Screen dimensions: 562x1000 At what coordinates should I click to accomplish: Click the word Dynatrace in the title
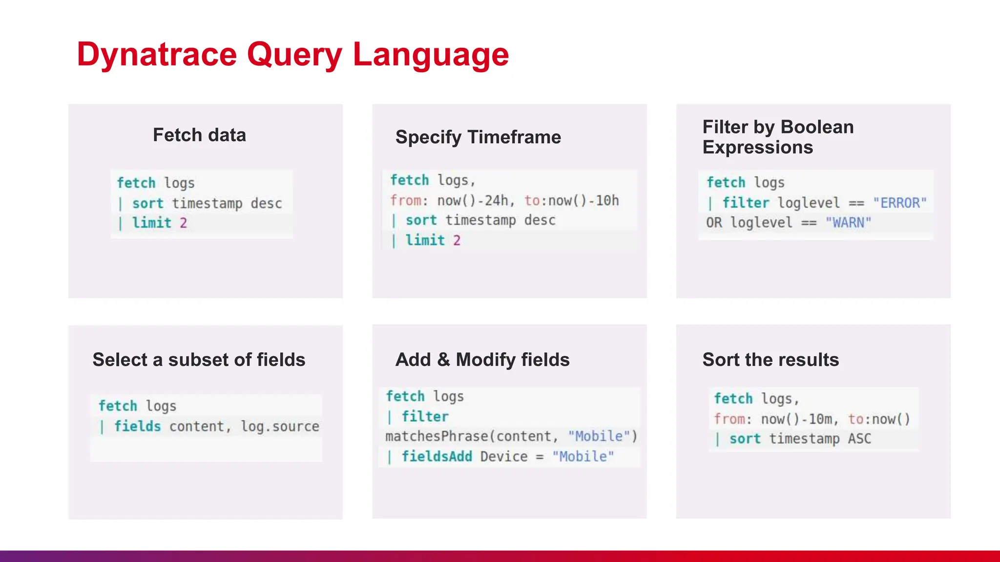coord(156,54)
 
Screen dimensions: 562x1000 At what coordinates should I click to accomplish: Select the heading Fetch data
coord(199,135)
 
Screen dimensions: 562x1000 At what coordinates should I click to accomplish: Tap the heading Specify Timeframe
coord(478,137)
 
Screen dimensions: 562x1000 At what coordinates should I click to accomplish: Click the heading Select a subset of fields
coord(199,360)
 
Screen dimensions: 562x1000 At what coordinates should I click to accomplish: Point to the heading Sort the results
coord(771,360)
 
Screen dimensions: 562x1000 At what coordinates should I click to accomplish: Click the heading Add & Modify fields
coord(482,360)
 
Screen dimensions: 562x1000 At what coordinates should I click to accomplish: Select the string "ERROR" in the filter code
coord(899,203)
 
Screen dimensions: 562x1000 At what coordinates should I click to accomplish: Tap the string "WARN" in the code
coord(848,223)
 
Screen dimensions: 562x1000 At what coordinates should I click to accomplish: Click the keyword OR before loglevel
coord(713,223)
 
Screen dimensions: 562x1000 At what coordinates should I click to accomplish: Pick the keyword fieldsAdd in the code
coord(437,457)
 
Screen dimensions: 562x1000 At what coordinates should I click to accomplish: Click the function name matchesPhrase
coord(437,436)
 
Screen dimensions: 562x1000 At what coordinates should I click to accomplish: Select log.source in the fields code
coord(280,426)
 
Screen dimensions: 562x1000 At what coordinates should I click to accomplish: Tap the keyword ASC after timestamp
coord(859,439)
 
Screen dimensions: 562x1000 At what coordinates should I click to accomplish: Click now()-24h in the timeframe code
coord(472,201)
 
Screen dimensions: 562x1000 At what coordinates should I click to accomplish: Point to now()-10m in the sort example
coord(796,419)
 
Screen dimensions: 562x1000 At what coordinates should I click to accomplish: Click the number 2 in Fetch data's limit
coord(183,223)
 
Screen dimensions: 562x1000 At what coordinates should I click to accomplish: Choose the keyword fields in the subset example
coord(137,426)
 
